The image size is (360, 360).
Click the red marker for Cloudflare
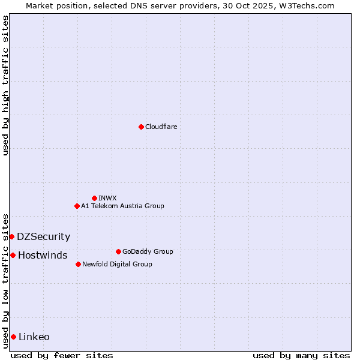point(141,127)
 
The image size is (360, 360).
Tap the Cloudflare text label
point(161,127)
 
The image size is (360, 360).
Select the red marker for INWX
point(94,198)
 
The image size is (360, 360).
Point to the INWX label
point(107,198)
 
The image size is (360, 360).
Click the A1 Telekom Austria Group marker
point(77,206)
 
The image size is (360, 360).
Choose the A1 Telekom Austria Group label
point(122,206)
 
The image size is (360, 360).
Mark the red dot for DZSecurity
point(11,236)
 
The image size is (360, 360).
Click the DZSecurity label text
point(43,237)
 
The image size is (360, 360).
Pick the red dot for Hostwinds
point(13,255)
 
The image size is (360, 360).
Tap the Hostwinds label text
point(43,256)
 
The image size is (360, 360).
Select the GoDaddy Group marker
point(118,251)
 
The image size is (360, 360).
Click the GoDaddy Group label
point(148,251)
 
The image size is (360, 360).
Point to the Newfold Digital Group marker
point(78,264)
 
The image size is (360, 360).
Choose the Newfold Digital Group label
point(117,264)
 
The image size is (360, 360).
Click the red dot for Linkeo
point(13,337)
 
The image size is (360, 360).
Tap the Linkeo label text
point(34,337)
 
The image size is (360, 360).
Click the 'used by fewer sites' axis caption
point(62,355)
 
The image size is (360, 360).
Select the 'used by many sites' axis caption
point(301,355)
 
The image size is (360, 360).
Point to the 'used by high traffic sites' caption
point(5,85)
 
